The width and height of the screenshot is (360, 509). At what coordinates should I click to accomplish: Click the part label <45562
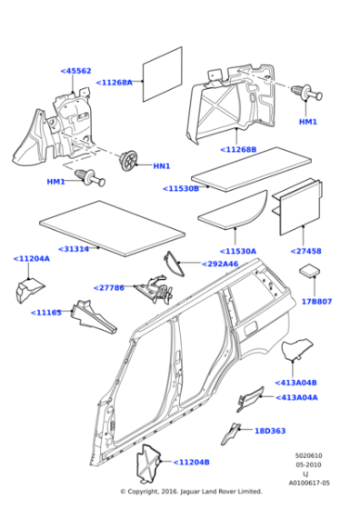click(75, 71)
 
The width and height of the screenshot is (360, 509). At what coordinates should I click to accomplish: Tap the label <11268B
click(238, 149)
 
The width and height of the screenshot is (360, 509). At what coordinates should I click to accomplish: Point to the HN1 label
click(161, 166)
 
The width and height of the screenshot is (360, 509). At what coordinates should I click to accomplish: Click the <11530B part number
click(180, 188)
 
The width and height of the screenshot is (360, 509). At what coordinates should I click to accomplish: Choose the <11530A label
click(237, 251)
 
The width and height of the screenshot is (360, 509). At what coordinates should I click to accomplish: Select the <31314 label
click(74, 248)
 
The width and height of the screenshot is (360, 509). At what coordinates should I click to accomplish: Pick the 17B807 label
click(316, 301)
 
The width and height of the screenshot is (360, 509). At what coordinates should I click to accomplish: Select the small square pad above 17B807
click(309, 273)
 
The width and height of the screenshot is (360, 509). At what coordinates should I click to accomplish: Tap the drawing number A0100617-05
click(309, 484)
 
